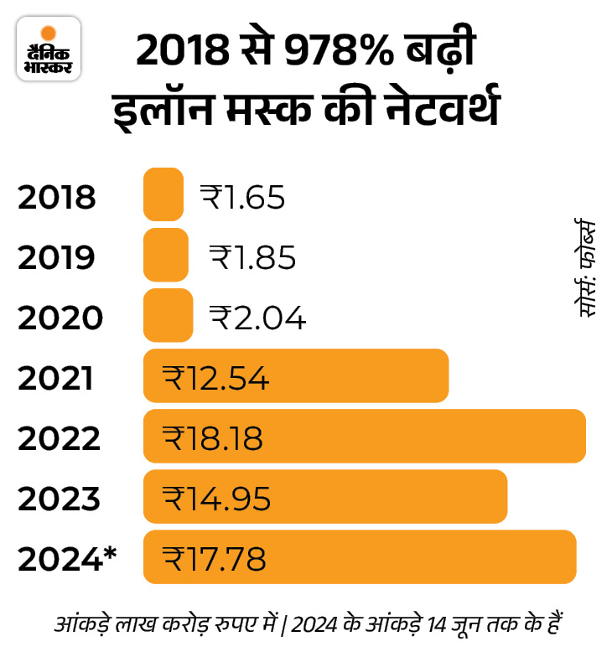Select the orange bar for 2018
click(163, 194)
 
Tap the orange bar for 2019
click(165, 255)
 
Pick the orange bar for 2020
click(168, 315)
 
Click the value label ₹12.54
click(216, 379)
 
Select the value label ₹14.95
click(216, 499)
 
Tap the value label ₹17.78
click(215, 558)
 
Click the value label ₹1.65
click(242, 198)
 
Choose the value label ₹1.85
click(252, 257)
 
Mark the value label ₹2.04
click(257, 318)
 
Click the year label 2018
click(57, 199)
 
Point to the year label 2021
click(55, 379)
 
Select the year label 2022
click(59, 438)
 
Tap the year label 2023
click(59, 499)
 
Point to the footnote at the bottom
click(307, 625)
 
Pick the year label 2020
click(60, 318)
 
